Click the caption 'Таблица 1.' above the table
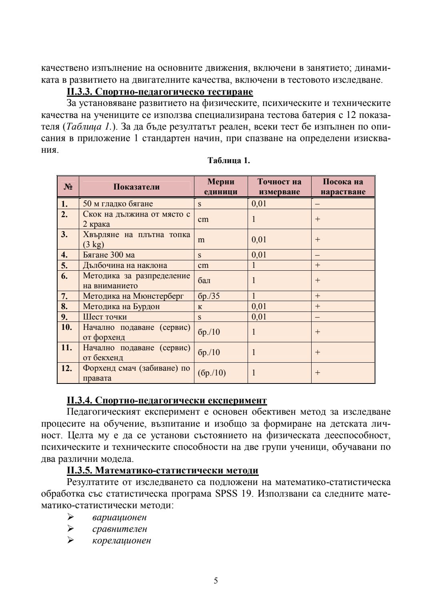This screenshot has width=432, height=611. (229, 161)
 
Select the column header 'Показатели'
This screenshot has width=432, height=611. (136, 187)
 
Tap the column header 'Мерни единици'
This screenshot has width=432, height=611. (221, 187)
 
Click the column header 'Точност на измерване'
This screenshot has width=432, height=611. (279, 187)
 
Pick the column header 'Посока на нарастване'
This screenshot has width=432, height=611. (343, 187)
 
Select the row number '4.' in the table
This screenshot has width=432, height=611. (64, 255)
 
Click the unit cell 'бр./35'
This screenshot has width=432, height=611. (209, 296)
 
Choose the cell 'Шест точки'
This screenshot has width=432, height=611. (105, 317)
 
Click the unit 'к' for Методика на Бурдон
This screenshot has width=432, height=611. (200, 307)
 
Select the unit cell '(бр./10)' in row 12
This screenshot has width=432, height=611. (212, 373)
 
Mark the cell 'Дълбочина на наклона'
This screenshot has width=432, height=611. (125, 266)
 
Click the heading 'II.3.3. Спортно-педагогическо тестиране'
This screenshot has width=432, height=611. (160, 92)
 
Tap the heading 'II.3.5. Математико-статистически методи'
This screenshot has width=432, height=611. (162, 470)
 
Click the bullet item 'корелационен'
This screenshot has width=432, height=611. (122, 541)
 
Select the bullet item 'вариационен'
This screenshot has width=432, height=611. (119, 517)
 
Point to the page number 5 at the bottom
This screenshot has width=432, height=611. (216, 581)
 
